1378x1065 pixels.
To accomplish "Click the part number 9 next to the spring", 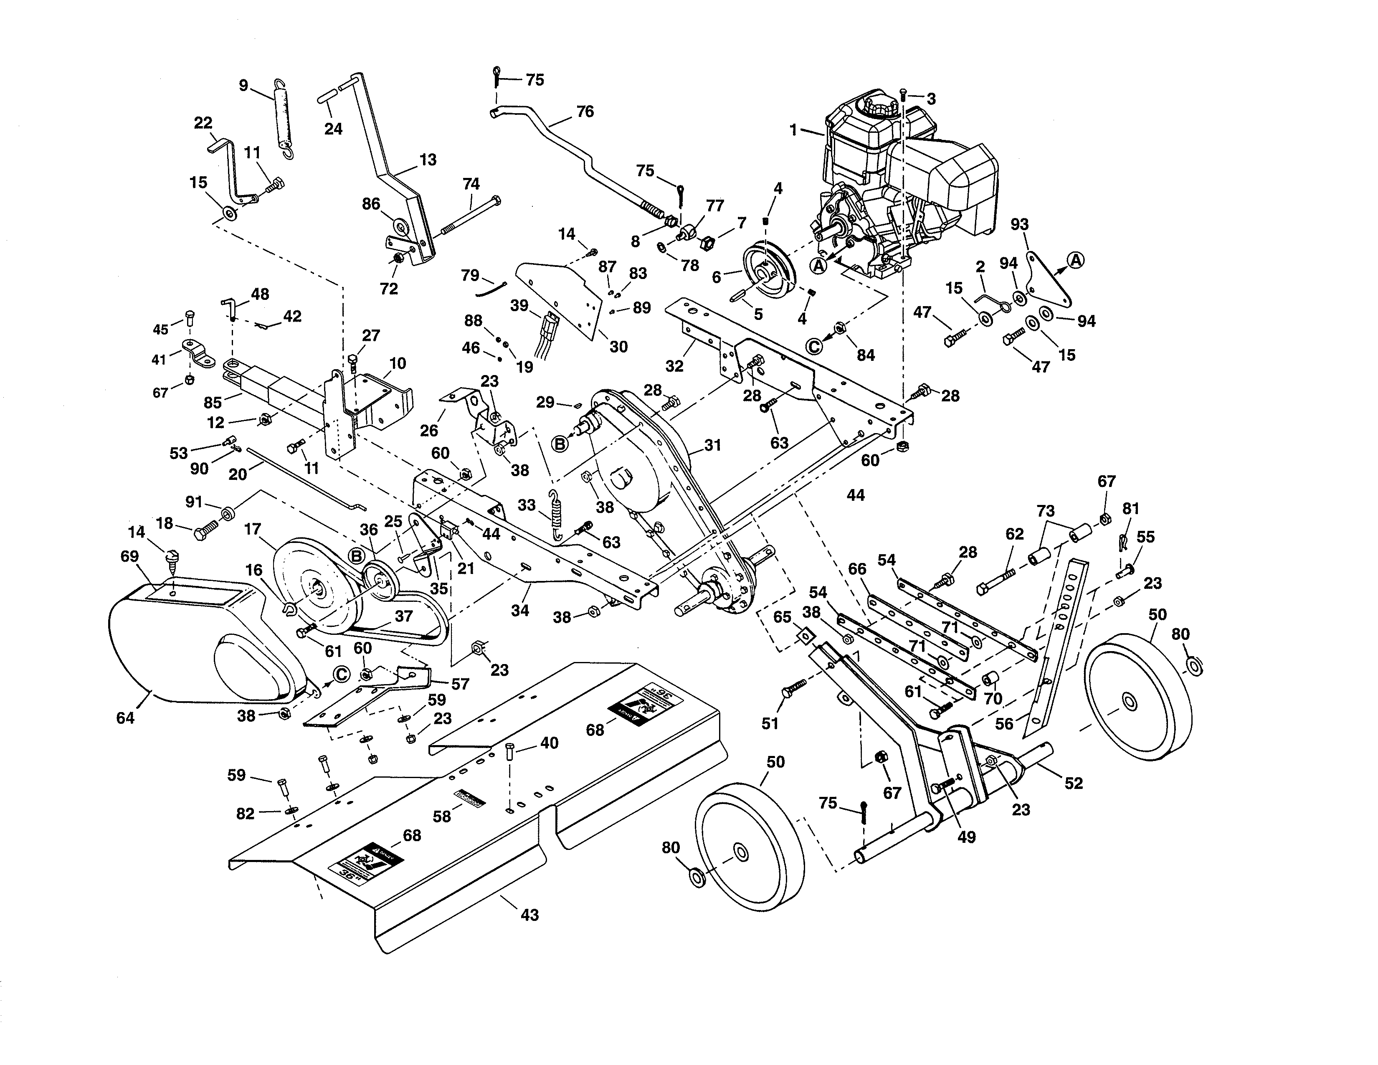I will [243, 85].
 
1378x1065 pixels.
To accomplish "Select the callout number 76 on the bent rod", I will [585, 112].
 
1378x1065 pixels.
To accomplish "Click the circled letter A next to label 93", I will [1076, 260].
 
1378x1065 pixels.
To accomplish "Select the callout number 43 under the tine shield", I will [529, 915].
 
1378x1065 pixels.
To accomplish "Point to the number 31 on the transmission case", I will [712, 446].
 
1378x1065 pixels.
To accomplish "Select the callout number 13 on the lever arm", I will [428, 160].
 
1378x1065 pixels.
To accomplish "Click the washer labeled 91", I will [228, 510].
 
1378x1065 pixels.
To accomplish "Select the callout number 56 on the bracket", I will [1004, 724].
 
